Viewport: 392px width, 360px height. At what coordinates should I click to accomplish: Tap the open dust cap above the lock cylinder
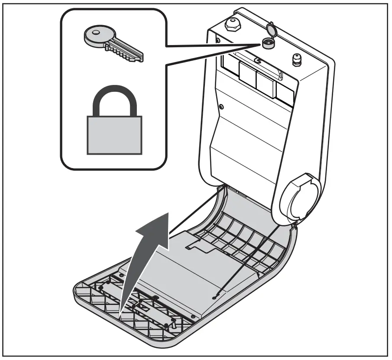(272, 29)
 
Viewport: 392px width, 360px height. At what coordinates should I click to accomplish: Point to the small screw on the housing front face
(221, 107)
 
